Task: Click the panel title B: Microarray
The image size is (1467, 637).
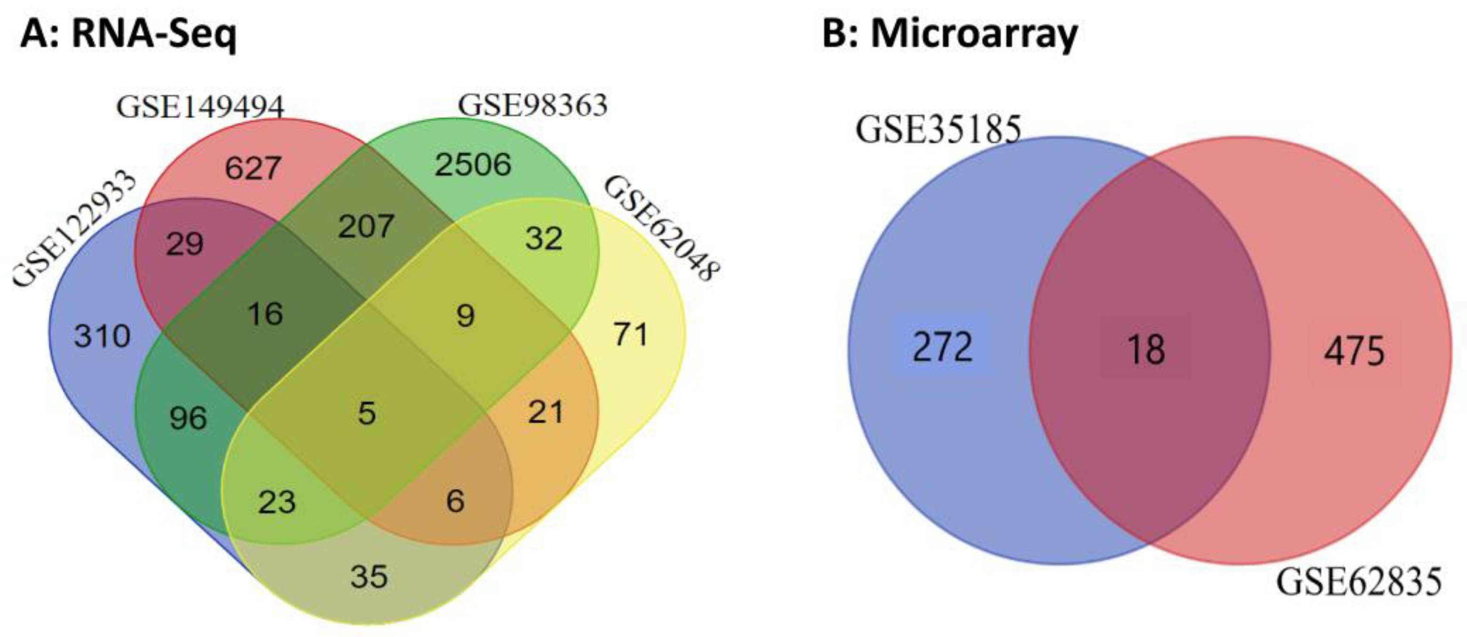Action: click(950, 35)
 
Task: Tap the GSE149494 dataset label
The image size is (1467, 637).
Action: click(200, 106)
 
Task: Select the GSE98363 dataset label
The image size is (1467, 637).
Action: click(532, 105)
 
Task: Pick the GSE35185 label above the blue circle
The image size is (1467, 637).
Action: click(938, 129)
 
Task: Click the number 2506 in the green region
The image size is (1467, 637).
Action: click(473, 165)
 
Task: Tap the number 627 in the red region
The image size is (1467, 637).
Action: click(253, 168)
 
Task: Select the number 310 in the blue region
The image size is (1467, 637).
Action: click(103, 336)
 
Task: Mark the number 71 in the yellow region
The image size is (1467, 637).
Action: click(630, 334)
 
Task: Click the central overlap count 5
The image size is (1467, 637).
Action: click(367, 413)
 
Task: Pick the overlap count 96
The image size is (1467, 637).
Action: click(188, 419)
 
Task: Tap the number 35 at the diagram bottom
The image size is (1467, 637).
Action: click(369, 577)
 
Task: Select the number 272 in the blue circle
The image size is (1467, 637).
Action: click(943, 348)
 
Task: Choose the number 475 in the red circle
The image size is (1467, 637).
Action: click(1354, 351)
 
